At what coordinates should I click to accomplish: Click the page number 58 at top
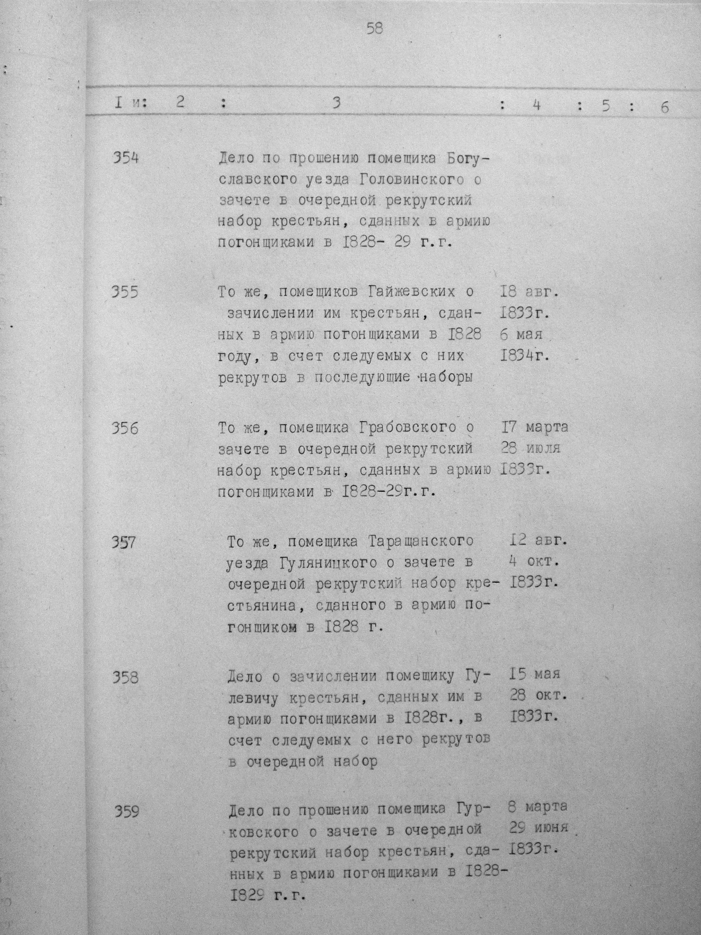[x=374, y=29]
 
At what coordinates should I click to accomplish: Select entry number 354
[x=125, y=159]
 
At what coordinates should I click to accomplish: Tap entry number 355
[x=125, y=292]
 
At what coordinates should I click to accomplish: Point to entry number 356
[x=125, y=429]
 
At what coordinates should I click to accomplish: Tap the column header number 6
[x=664, y=107]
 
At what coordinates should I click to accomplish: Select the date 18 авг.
[x=529, y=292]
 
